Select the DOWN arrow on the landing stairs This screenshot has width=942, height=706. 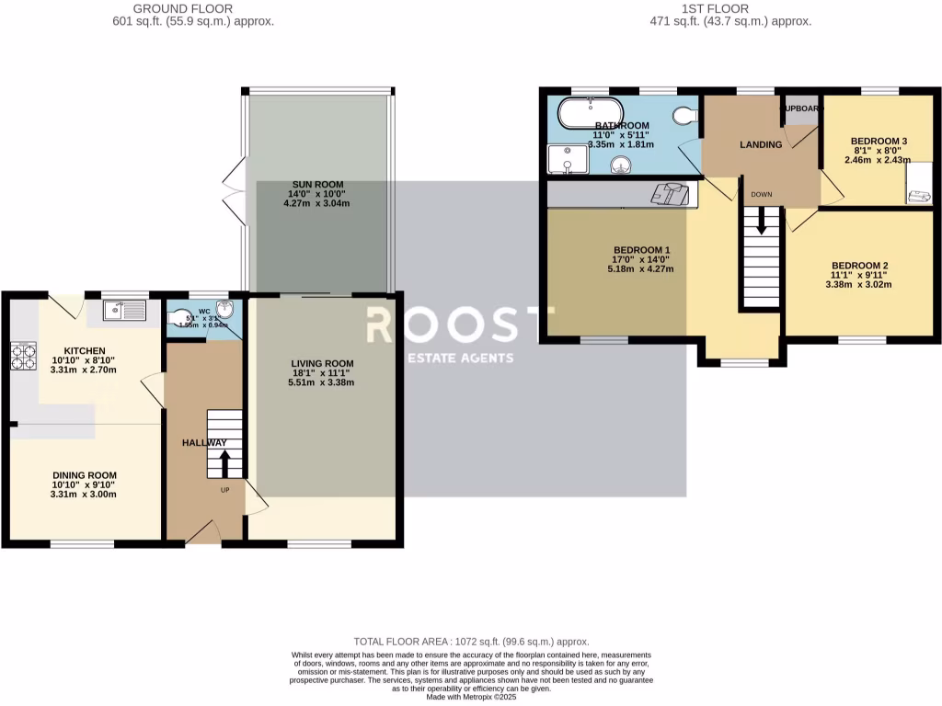pos(762,221)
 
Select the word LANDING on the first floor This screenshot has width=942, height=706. pos(761,145)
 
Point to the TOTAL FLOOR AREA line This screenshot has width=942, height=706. pos(471,641)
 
